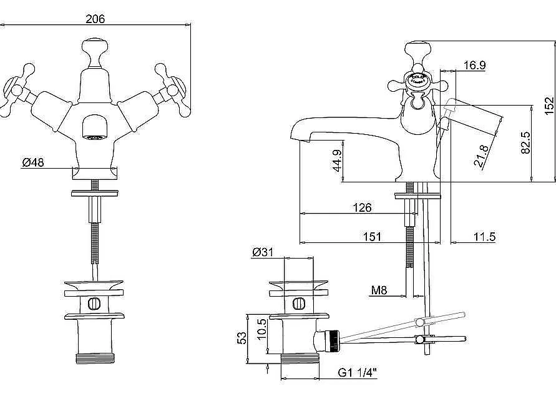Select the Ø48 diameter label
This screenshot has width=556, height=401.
pyautogui.click(x=33, y=162)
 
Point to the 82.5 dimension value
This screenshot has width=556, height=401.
pyautogui.click(x=526, y=142)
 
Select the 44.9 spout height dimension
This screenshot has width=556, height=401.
pyautogui.click(x=336, y=161)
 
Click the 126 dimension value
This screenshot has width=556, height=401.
pyautogui.click(x=363, y=207)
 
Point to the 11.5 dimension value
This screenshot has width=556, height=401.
pyautogui.click(x=484, y=237)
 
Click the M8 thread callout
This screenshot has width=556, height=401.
pyautogui.click(x=379, y=290)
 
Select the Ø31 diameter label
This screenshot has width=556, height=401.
pyautogui.click(x=264, y=252)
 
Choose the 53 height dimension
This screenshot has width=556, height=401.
pyautogui.click(x=241, y=337)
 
